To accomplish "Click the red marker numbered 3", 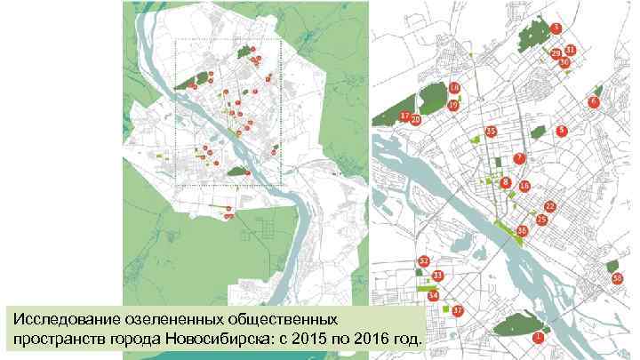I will pos(555,28).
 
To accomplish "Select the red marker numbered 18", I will pos(454,88).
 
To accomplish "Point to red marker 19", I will pos(453,105).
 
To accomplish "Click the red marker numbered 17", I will pos(405,116).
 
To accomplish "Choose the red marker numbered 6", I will pos(593,103).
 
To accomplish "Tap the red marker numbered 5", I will pos(562,131).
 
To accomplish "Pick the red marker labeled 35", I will pos(490,132).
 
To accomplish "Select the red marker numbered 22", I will pos(549,206).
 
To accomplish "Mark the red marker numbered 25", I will pos(541,218).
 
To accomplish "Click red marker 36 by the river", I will pos(522,230).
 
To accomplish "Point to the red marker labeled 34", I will pos(433,294).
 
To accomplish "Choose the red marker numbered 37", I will pos(457,310).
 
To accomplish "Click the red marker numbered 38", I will pos(617,278).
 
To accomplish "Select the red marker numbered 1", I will pos(538,337).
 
